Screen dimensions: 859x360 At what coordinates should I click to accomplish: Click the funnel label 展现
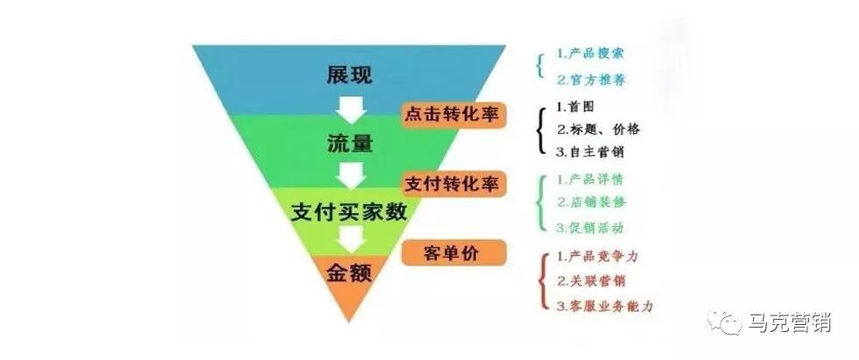349,75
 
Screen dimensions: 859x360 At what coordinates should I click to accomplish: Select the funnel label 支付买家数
349,211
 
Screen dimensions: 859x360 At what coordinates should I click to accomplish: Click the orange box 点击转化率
454,115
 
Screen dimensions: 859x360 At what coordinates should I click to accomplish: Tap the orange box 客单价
454,253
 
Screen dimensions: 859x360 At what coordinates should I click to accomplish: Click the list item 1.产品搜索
591,54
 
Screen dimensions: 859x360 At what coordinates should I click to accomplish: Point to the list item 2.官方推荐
591,80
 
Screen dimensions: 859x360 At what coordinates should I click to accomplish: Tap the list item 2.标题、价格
598,129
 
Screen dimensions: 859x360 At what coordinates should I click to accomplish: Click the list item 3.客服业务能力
604,306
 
